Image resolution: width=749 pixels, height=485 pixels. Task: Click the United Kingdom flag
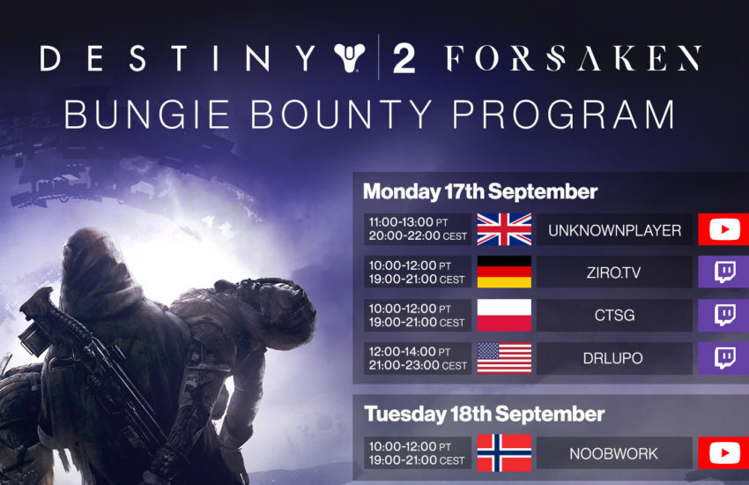tap(504, 229)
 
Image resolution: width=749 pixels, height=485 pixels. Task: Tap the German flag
tap(504, 272)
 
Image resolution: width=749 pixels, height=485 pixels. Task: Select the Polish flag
tap(504, 315)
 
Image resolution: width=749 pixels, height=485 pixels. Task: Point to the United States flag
tap(504, 358)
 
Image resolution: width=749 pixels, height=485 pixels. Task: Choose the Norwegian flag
tap(504, 452)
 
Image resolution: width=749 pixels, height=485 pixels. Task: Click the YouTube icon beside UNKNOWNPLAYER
tap(724, 230)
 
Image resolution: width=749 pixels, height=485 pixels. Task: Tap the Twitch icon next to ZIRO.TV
tap(724, 272)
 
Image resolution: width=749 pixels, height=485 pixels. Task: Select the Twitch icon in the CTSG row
tap(724, 316)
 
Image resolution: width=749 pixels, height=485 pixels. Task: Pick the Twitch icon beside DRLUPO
tap(724, 358)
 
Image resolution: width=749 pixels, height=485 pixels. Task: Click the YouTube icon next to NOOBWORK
tap(724, 453)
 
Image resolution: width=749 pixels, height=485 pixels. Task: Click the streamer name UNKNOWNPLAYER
tap(614, 230)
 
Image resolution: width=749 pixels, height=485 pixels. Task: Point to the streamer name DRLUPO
tap(613, 358)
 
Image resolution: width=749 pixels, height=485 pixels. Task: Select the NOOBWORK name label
tap(614, 453)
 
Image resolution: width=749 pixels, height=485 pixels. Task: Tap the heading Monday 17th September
tap(480, 192)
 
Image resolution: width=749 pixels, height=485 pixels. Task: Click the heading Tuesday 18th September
tap(484, 414)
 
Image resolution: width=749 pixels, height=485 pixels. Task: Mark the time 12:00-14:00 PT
tap(410, 352)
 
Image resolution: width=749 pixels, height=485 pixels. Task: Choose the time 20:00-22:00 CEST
tap(418, 235)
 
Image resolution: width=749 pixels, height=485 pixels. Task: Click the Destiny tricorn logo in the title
tap(350, 57)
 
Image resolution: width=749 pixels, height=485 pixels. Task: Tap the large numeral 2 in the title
tap(404, 59)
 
